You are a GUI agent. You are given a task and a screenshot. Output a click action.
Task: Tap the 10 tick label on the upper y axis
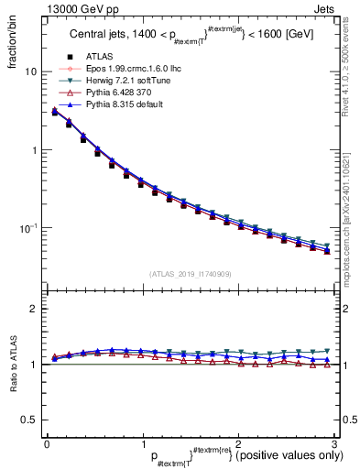[31, 71]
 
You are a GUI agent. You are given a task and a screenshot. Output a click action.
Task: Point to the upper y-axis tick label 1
[35, 149]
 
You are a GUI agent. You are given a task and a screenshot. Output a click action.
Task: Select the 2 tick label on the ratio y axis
[35, 309]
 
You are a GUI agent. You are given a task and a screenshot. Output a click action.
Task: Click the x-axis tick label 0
[47, 443]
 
